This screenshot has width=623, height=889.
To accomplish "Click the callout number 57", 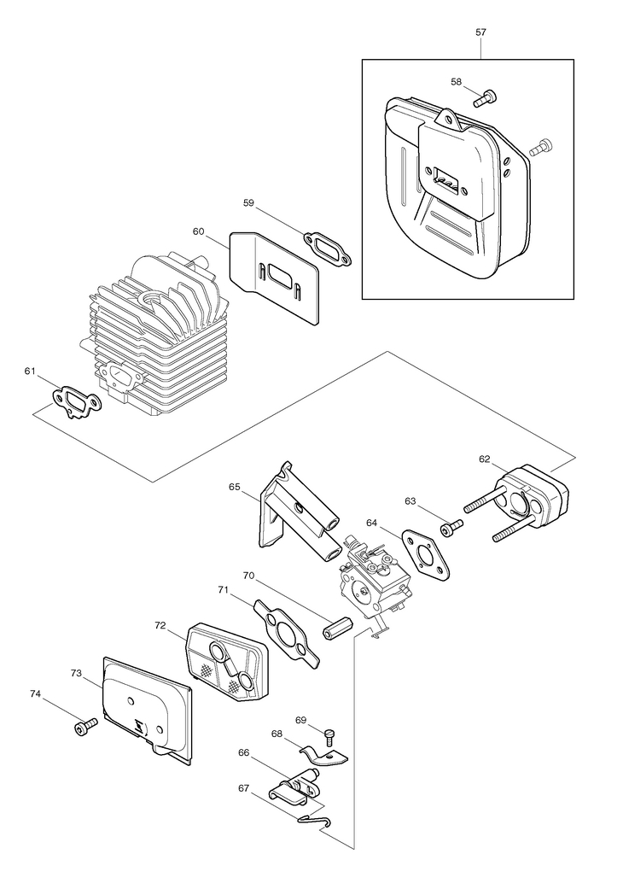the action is (480, 32).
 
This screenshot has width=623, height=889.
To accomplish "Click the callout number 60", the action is (198, 231).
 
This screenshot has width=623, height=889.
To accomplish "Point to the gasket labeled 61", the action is (77, 401).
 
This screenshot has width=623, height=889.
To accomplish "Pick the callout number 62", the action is (484, 459).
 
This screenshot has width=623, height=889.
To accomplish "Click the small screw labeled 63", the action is (452, 528).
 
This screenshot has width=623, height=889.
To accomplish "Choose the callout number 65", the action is (235, 487).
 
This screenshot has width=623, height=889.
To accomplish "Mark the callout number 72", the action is (160, 625).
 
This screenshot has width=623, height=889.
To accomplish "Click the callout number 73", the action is (77, 673).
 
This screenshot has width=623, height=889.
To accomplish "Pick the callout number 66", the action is (243, 752).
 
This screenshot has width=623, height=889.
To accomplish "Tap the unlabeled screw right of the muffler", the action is (541, 146).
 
